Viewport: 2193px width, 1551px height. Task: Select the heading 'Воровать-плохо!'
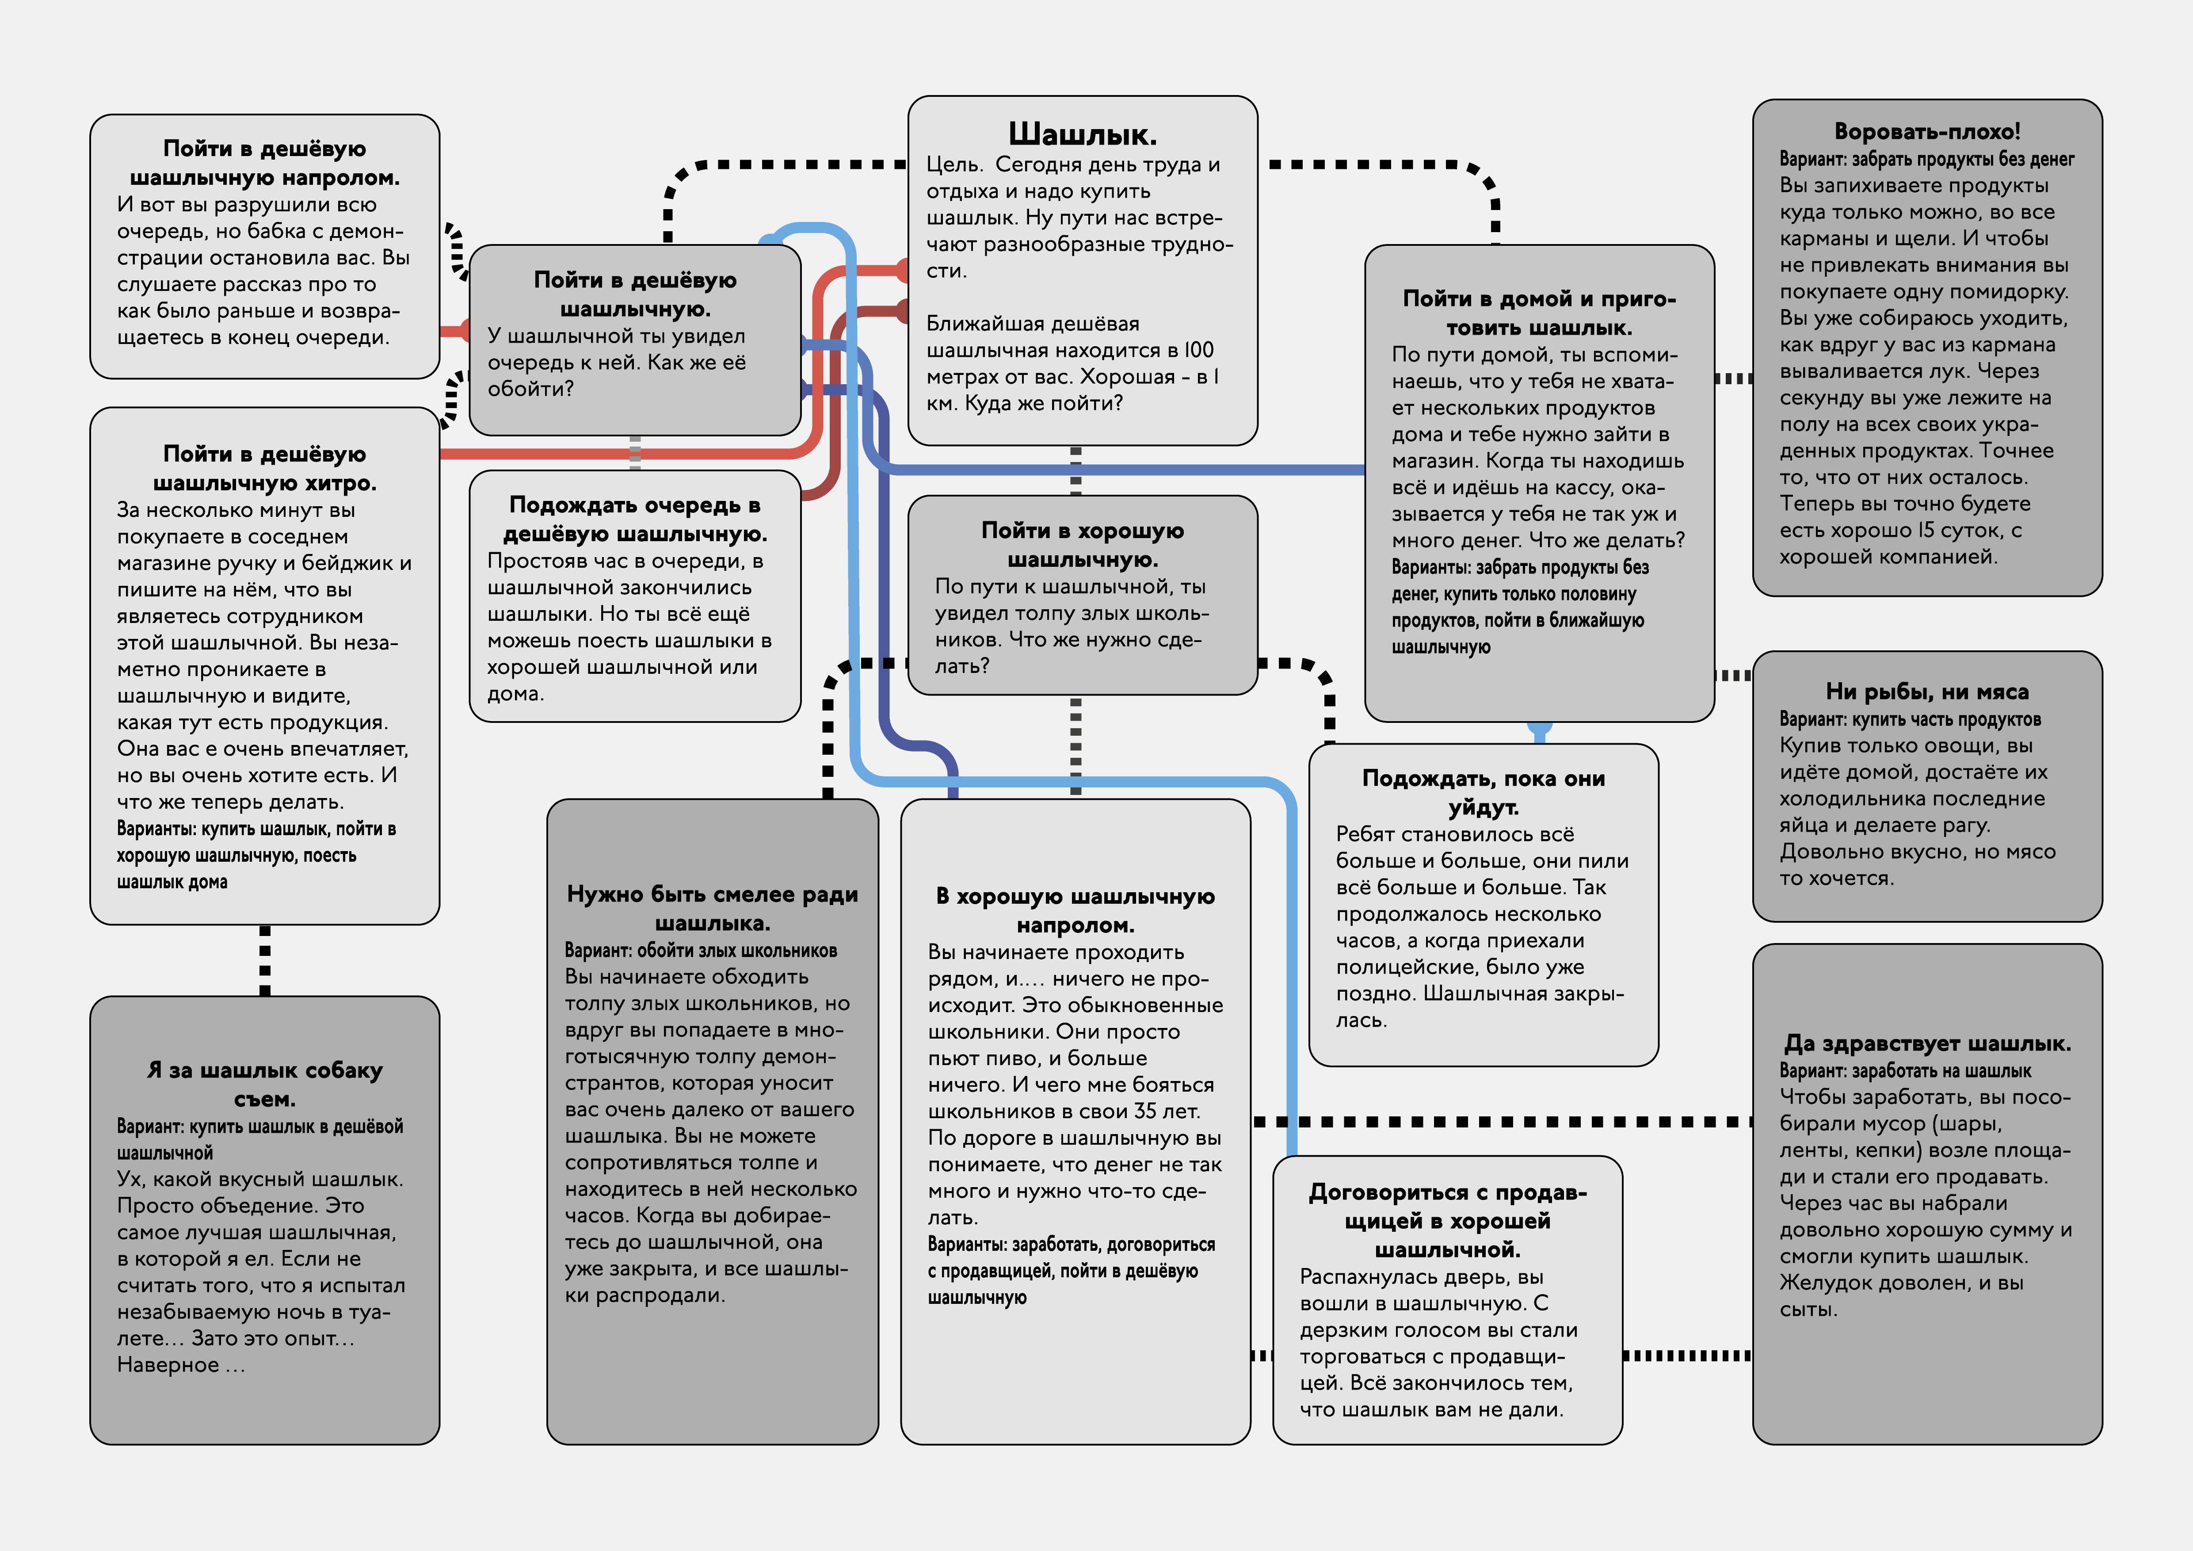click(x=1926, y=131)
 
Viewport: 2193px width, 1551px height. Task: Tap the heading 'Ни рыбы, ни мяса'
click(x=1926, y=691)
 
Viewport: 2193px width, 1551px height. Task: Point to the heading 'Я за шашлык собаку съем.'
click(x=265, y=1084)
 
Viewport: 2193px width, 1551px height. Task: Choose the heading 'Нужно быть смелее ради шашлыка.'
click(x=713, y=908)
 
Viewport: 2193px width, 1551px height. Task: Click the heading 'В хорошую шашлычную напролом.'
click(x=1076, y=910)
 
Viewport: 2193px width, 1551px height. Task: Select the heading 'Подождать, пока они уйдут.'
click(x=1484, y=793)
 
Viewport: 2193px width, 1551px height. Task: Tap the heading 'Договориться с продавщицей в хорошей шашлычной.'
click(x=1447, y=1221)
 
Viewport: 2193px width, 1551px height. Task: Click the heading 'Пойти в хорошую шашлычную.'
click(x=1082, y=544)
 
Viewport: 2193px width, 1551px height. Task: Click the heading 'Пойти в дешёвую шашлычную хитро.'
click(x=265, y=468)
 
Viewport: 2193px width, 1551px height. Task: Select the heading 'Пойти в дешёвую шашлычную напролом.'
click(x=265, y=162)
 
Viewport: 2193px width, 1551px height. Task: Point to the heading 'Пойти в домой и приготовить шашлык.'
click(x=1539, y=313)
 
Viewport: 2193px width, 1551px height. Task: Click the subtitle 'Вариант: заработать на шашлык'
click(x=1904, y=1070)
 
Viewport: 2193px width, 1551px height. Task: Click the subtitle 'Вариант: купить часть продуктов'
click(x=1909, y=719)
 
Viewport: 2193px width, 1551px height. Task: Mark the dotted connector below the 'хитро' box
click(x=265, y=960)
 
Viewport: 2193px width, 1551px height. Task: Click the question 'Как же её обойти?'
click(x=616, y=375)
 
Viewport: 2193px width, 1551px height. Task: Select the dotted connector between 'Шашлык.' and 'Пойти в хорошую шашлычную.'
click(x=1076, y=470)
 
